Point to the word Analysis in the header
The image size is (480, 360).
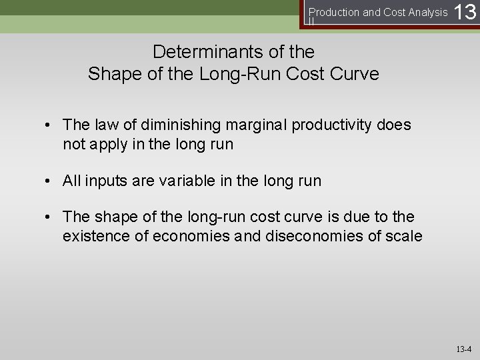click(x=428, y=11)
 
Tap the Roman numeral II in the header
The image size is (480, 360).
click(x=311, y=21)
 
